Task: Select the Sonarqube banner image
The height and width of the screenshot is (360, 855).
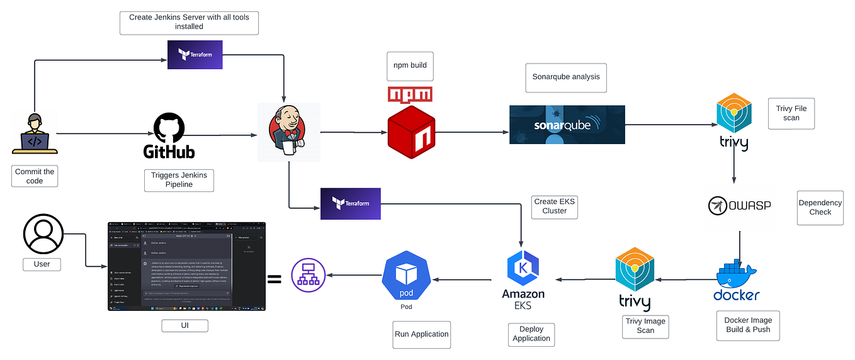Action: [x=567, y=125]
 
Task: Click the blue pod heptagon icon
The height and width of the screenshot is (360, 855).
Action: [x=405, y=278]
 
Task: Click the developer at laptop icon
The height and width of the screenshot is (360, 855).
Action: [x=35, y=133]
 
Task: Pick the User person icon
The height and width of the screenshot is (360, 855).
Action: [x=43, y=232]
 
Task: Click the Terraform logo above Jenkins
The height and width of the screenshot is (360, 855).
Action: [x=195, y=55]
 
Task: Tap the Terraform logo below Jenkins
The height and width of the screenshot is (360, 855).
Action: [x=350, y=203]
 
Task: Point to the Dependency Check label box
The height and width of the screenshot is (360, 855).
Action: [x=820, y=208]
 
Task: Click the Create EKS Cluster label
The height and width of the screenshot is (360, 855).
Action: [x=554, y=206]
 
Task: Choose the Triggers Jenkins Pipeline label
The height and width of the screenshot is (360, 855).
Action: [x=179, y=179]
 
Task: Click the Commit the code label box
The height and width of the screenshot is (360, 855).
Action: [x=35, y=176]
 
